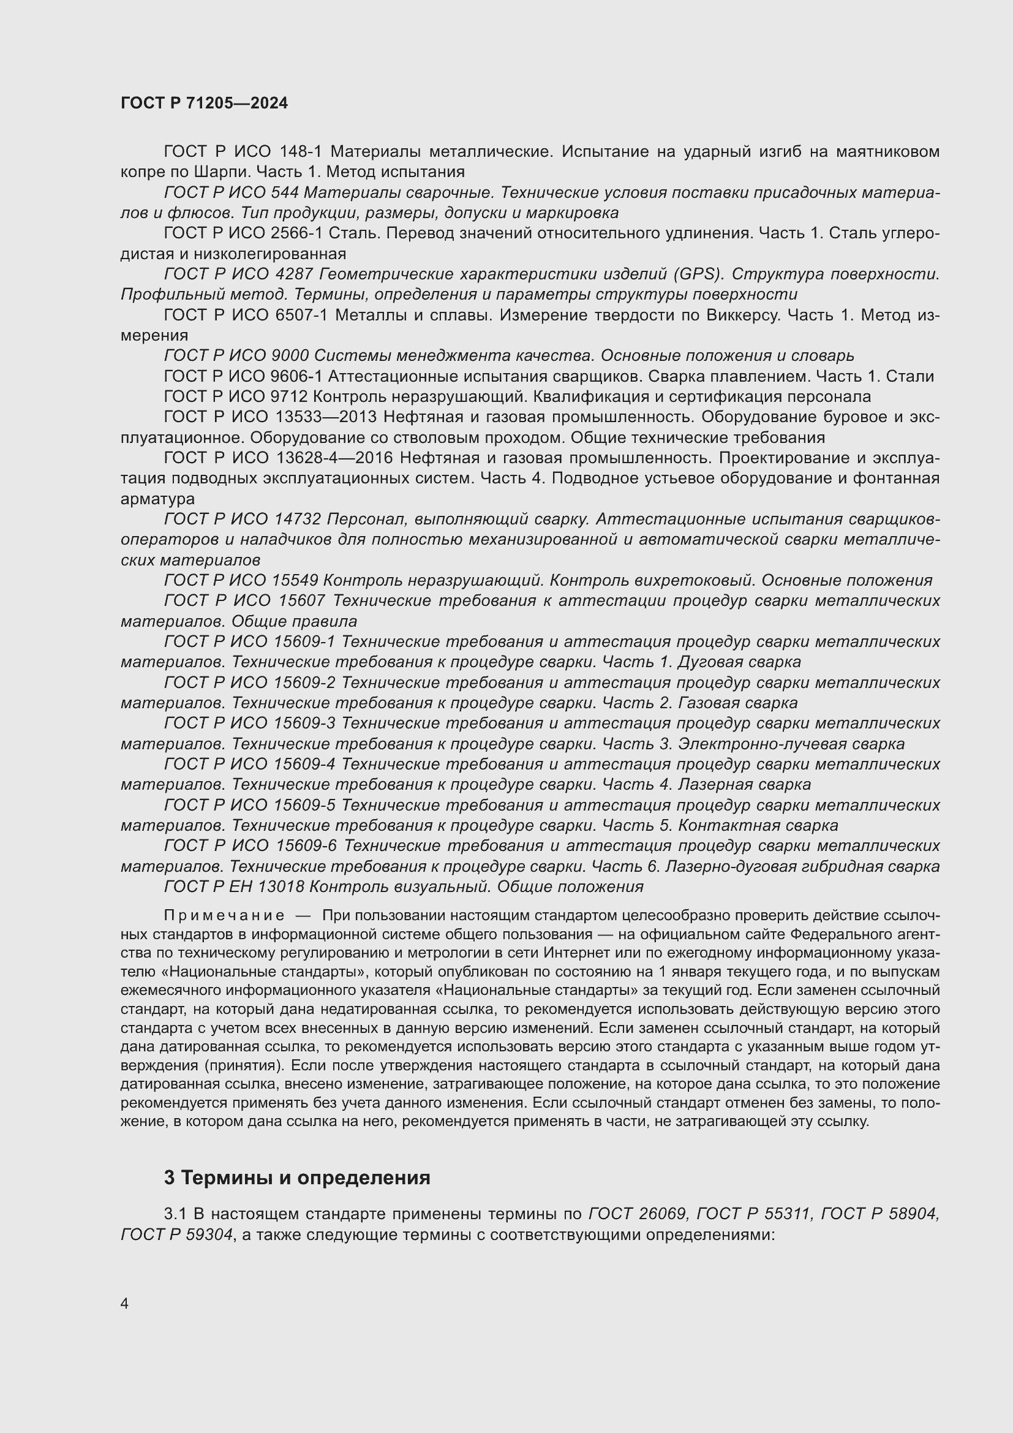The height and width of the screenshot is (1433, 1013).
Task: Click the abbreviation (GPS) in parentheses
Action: tap(697, 274)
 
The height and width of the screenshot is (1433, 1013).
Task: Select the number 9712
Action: tap(291, 397)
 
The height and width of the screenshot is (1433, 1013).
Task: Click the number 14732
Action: tap(297, 520)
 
